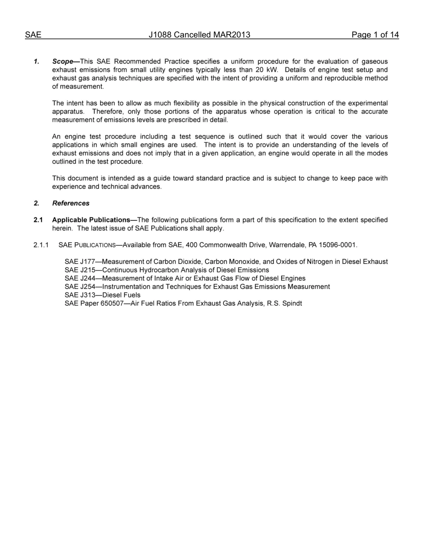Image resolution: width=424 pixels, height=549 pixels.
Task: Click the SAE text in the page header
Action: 33,35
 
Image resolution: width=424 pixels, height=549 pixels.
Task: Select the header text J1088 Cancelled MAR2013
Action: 200,35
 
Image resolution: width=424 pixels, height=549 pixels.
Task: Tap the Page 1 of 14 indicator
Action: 375,35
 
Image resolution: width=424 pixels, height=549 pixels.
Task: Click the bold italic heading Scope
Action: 62,62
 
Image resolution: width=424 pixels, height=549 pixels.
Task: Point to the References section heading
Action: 71,204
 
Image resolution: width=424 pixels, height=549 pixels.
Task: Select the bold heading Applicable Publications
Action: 91,220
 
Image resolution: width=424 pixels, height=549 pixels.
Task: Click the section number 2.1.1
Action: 41,245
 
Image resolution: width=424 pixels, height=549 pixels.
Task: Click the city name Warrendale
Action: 287,245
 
